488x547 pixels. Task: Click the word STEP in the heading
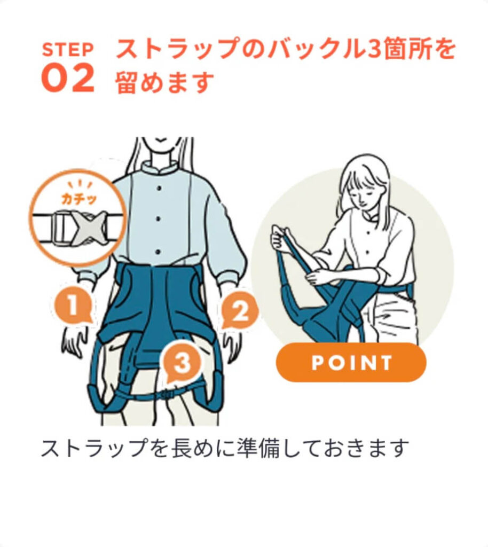(x=68, y=50)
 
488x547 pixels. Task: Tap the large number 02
(x=68, y=78)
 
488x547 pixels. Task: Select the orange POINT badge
(x=351, y=363)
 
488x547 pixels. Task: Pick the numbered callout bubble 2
(x=240, y=310)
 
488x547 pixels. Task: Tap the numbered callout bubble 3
(x=182, y=363)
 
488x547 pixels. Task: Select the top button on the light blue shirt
(x=159, y=188)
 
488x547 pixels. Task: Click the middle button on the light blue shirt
(x=159, y=219)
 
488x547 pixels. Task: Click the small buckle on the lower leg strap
(x=167, y=393)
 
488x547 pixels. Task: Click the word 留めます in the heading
(x=164, y=82)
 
